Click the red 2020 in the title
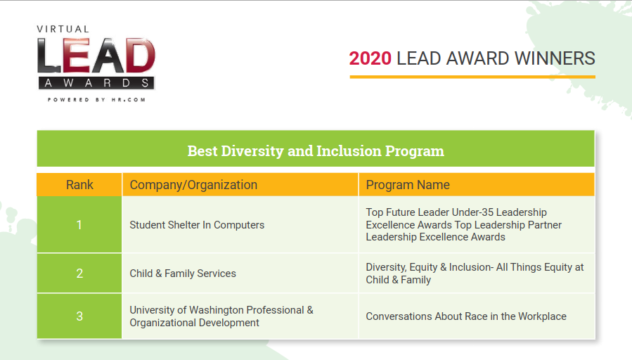pos(370,58)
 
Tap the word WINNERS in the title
pos(555,58)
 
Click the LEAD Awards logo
pos(96,63)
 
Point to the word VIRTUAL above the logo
pos(63,29)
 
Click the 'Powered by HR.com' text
pos(97,100)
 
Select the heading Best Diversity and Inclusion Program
pos(316,150)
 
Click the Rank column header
pos(79,185)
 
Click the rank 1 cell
pos(79,224)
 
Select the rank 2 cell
pos(79,274)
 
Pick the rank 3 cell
pos(79,316)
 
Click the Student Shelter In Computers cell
pos(197,225)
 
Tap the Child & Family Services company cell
pos(183,274)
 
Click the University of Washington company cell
pos(221,316)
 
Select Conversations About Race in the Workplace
pos(466,316)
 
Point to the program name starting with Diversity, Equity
pos(475,274)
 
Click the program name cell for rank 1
pos(477,224)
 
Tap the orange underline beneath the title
pos(472,77)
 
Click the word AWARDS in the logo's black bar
pos(96,83)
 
